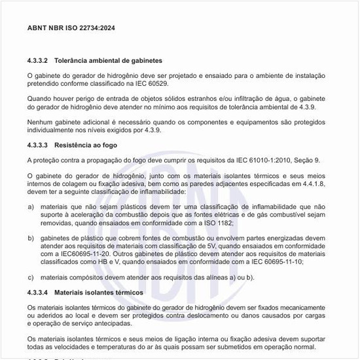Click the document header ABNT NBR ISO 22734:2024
pos(70,29)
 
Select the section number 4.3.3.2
pos(38,60)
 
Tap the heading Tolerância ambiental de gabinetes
pos(108,60)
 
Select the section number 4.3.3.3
pos(38,144)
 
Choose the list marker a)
pos(31,207)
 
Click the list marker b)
pos(31,239)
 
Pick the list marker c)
pos(31,277)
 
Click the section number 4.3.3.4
pos(38,291)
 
